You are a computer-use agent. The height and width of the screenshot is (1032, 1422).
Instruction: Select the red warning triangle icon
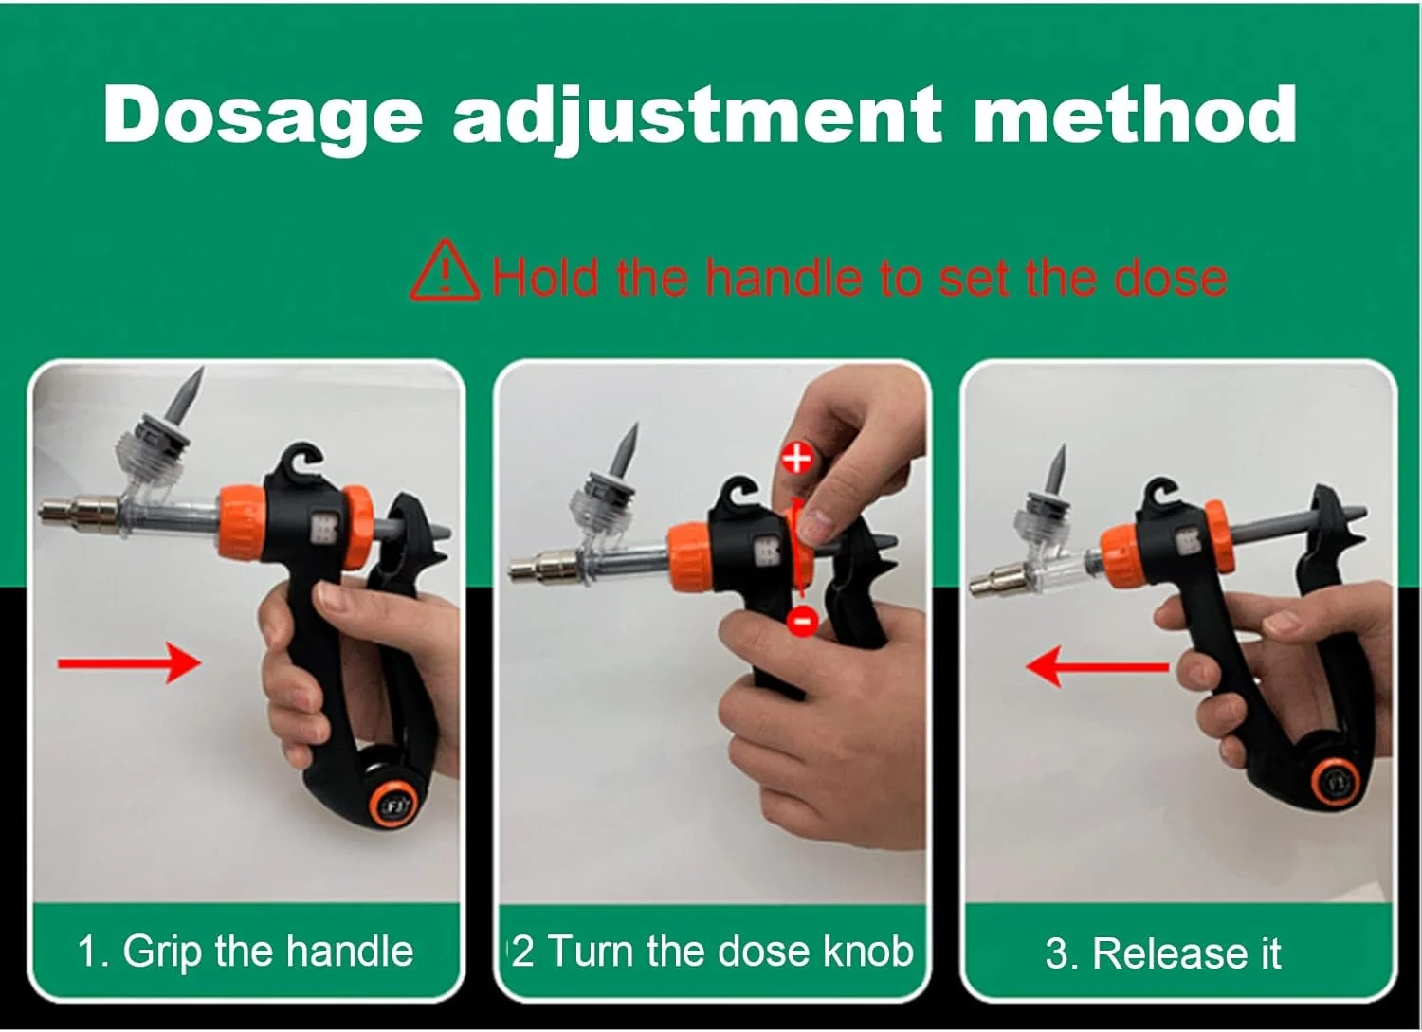[x=445, y=270]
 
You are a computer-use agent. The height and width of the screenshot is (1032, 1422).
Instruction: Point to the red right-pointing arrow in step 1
[x=130, y=663]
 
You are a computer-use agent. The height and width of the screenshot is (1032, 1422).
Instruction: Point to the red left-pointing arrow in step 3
[x=1097, y=666]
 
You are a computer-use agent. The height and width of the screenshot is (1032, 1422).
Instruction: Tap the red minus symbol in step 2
[x=802, y=622]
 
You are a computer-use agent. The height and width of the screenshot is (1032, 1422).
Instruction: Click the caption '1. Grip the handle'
[x=246, y=952]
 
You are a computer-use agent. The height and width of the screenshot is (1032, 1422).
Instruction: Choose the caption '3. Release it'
[x=1163, y=953]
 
